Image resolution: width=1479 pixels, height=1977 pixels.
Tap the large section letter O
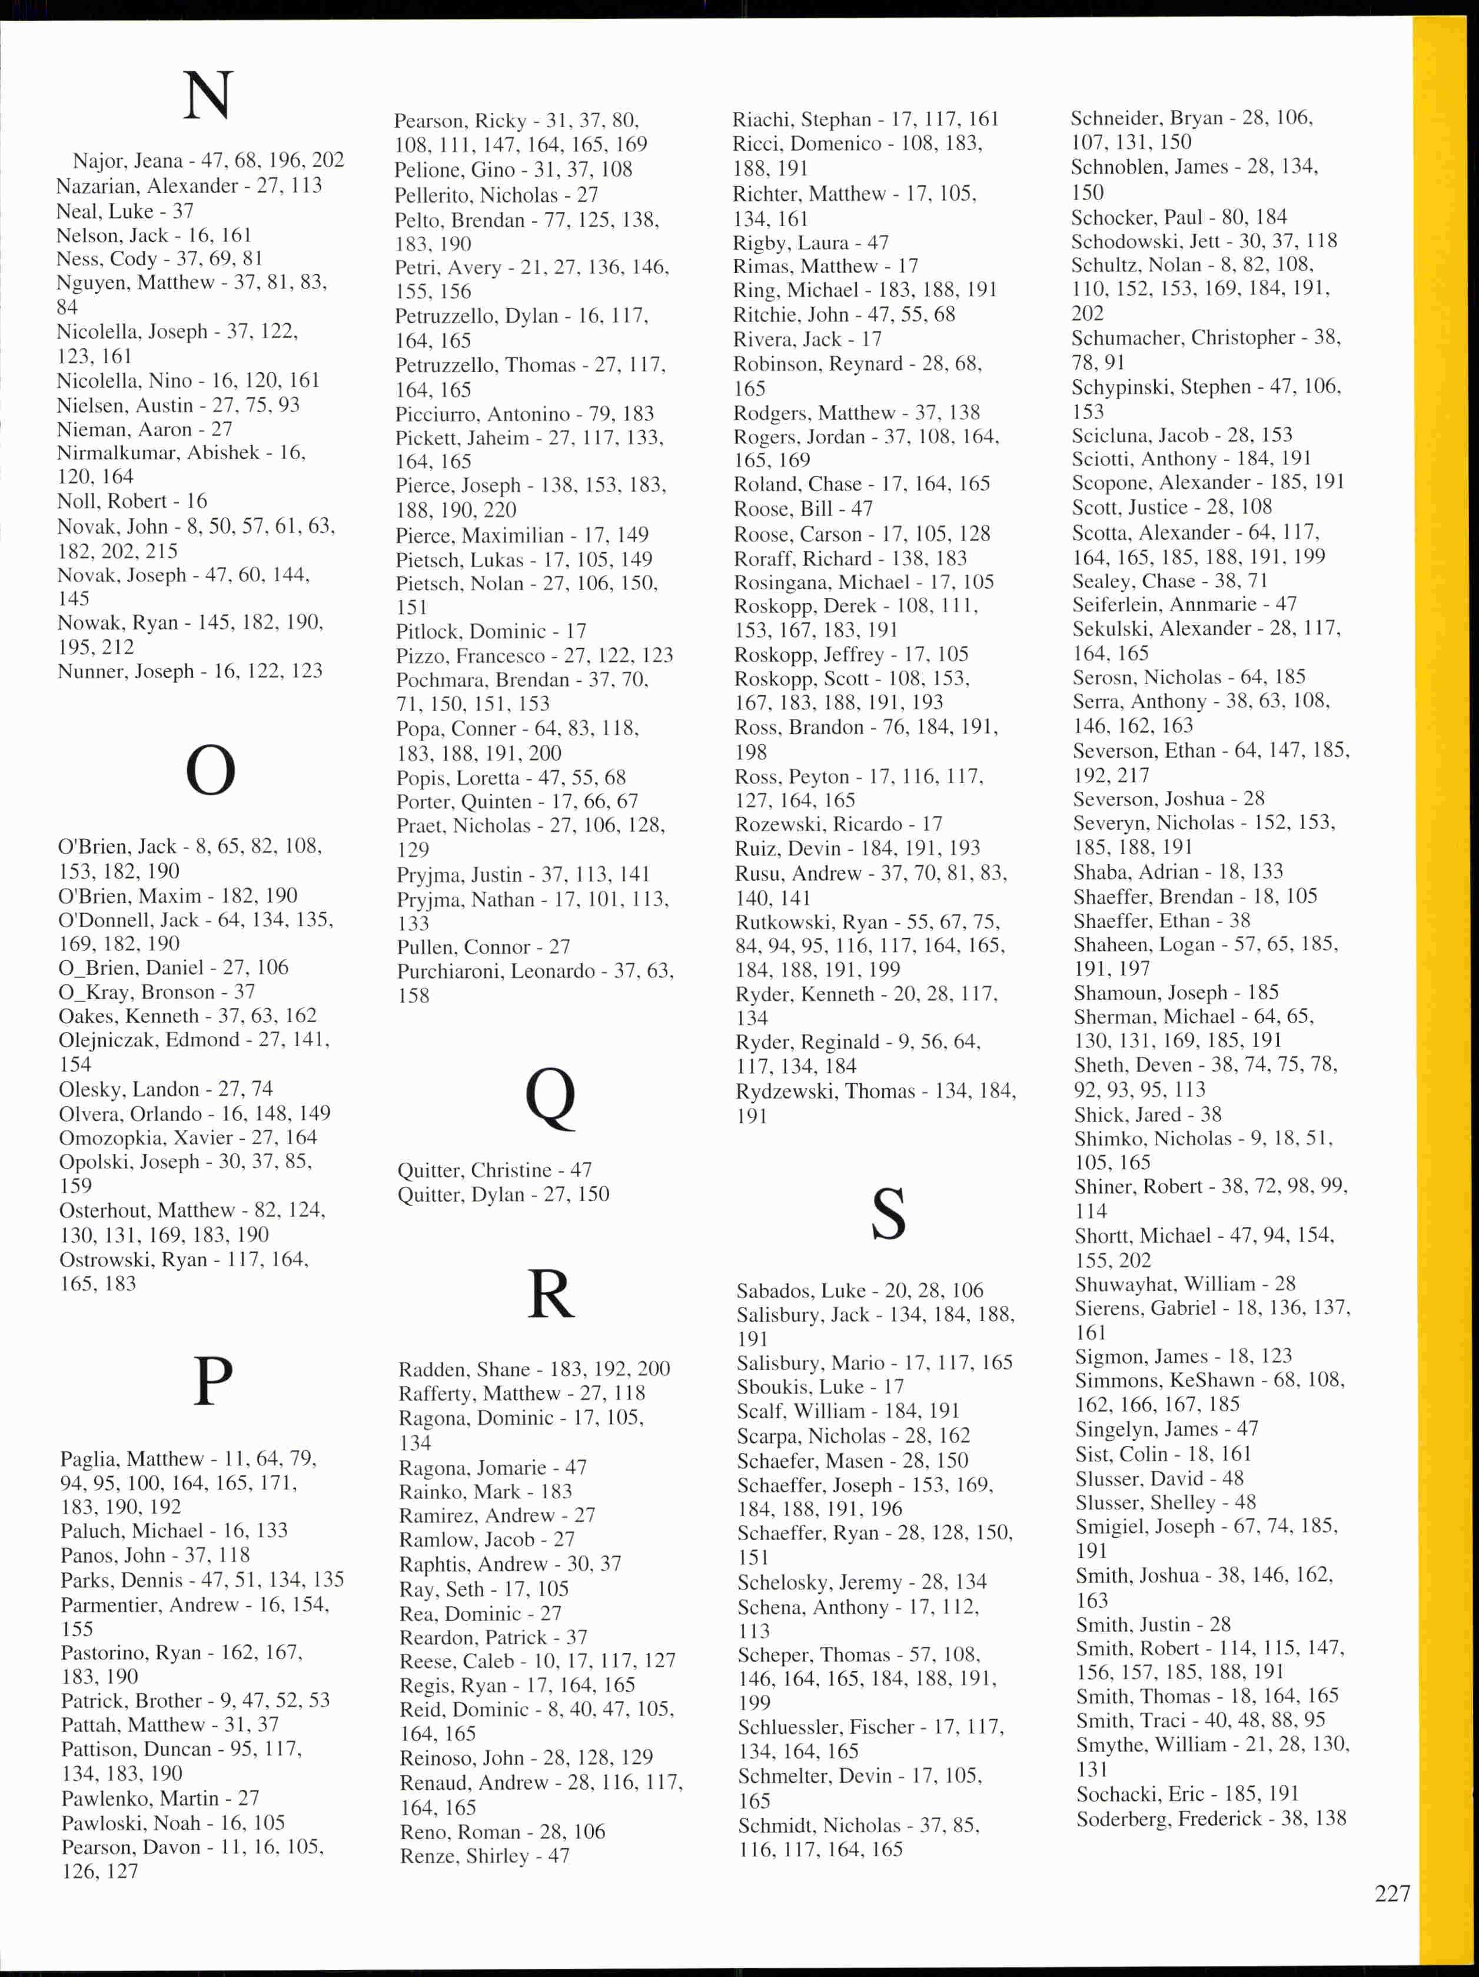210,771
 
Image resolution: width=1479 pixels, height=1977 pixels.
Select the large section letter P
212,1381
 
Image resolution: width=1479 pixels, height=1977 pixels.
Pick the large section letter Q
550,1097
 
